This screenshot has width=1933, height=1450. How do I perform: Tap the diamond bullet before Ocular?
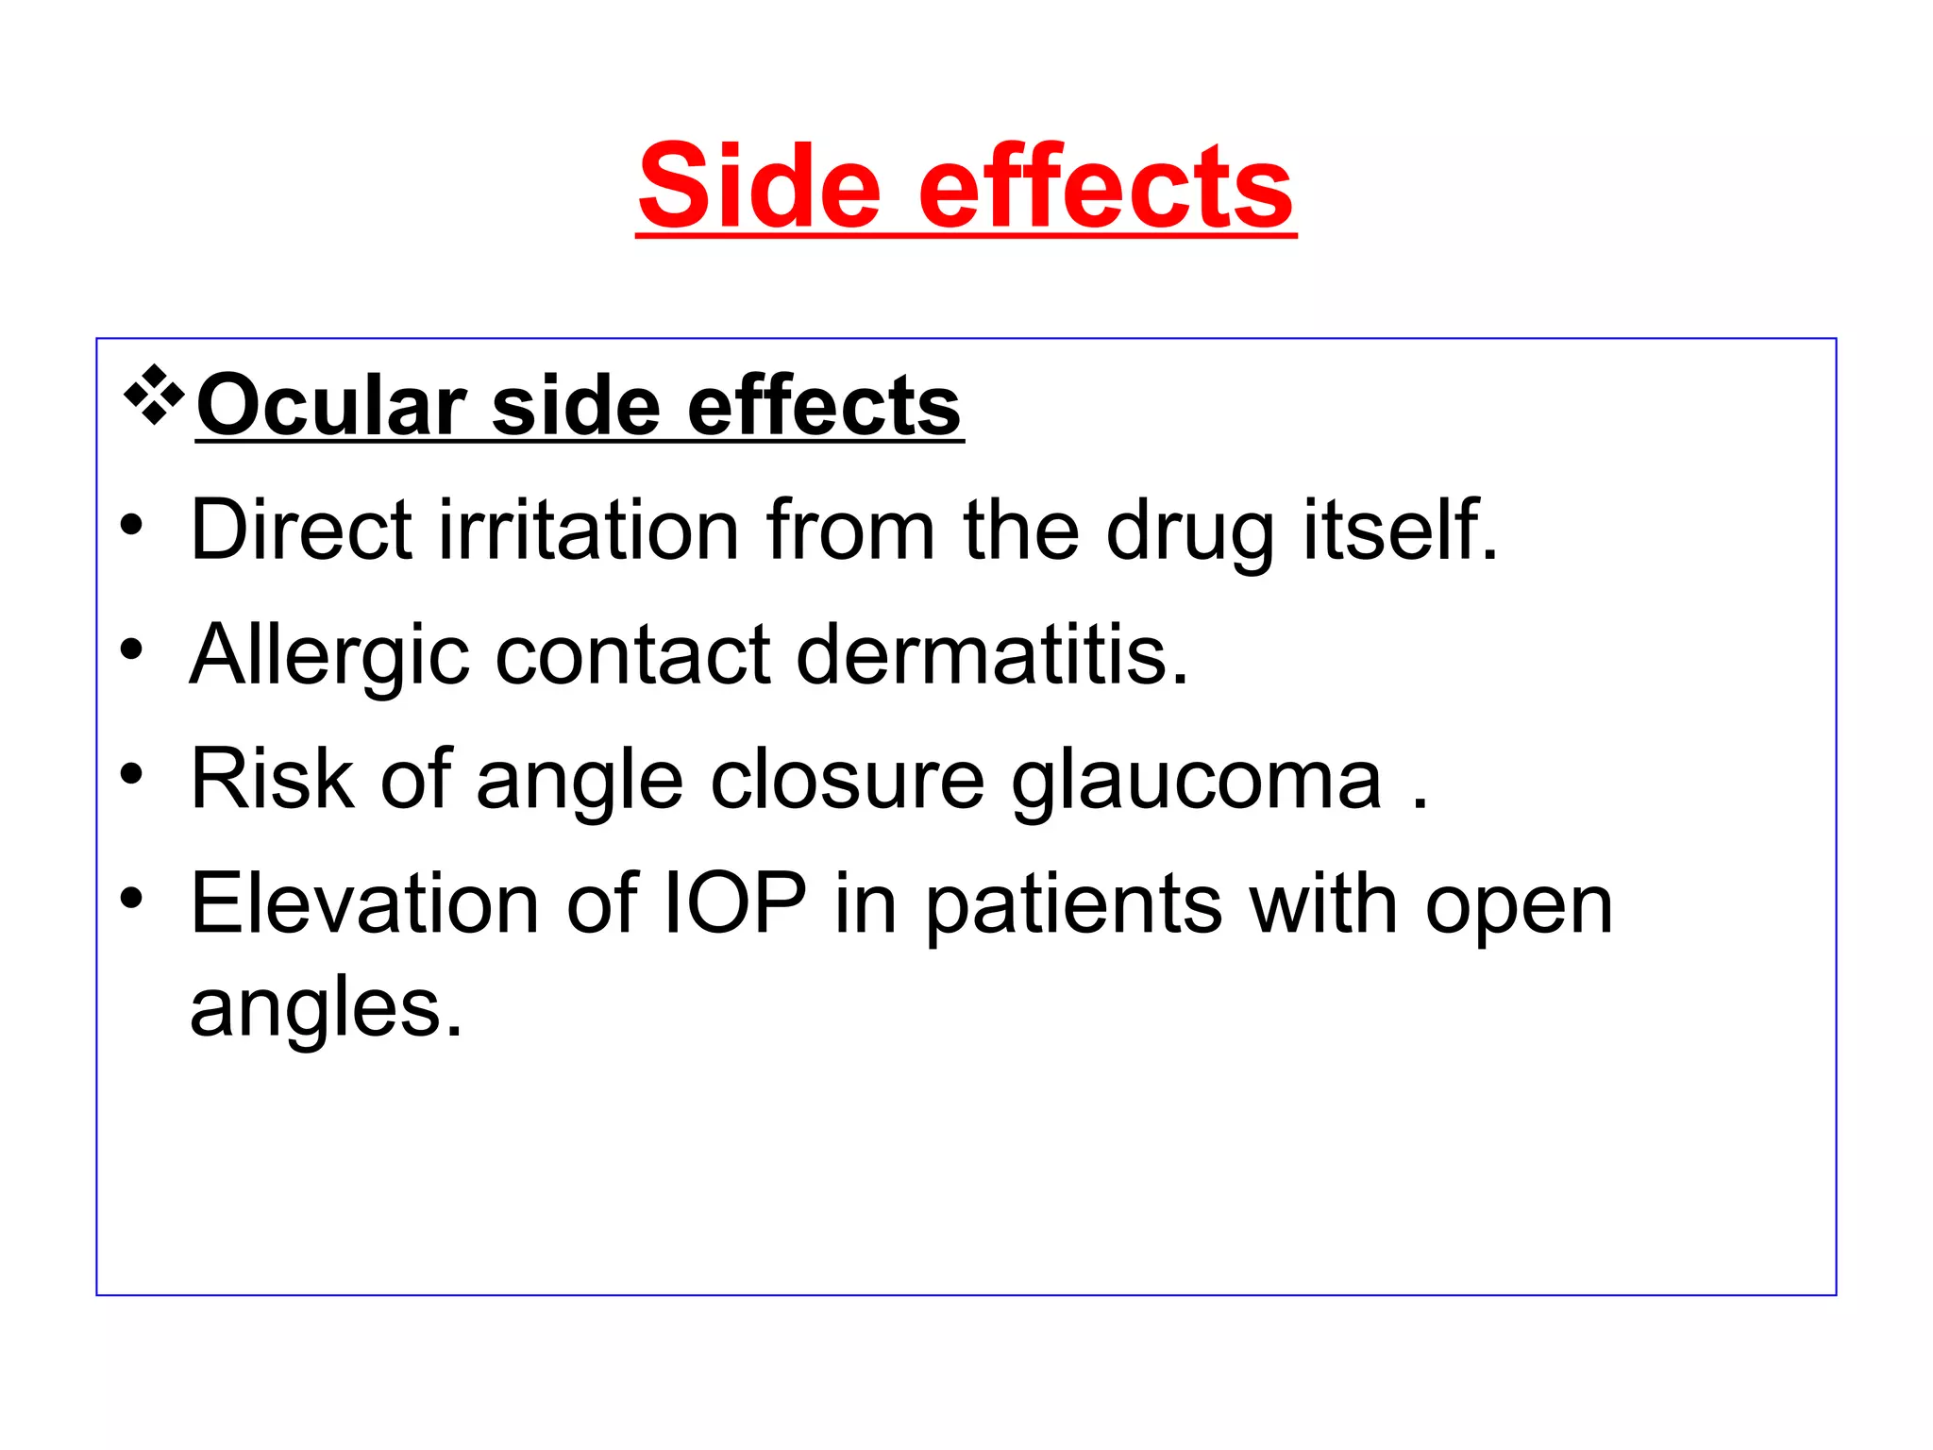154,395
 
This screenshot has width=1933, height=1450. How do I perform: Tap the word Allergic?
329,656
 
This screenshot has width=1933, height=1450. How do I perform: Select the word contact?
632,656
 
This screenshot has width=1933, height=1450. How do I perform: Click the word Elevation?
364,903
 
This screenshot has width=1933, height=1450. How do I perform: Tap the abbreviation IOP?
735,903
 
